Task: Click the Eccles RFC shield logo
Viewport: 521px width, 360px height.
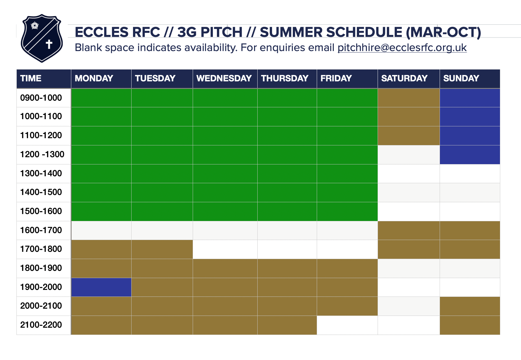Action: click(42, 38)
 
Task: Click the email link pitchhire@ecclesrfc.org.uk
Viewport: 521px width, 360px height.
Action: click(402, 48)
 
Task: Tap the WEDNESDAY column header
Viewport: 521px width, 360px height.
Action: click(224, 78)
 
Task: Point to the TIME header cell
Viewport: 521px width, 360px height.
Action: click(44, 78)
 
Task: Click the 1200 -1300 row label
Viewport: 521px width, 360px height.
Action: click(42, 154)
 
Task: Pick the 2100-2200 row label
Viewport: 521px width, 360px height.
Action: click(41, 325)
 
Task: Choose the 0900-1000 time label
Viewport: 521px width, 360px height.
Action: click(41, 98)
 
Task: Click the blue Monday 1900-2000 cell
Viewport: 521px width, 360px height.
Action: click(101, 287)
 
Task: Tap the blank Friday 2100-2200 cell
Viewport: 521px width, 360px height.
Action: click(347, 325)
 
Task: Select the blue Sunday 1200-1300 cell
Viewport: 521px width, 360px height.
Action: click(470, 155)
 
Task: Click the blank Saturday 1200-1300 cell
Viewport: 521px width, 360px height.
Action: click(409, 155)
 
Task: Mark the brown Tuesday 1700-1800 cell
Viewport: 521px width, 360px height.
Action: click(162, 249)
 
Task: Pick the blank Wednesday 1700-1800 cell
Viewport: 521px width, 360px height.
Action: click(225, 249)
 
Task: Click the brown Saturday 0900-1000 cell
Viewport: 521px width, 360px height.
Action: click(409, 98)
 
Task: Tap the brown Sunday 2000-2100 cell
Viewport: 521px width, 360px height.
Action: click(470, 306)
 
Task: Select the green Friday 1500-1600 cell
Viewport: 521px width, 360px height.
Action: click(347, 211)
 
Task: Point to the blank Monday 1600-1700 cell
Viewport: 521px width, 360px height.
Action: click(101, 230)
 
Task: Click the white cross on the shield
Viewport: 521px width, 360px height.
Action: click(49, 44)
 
